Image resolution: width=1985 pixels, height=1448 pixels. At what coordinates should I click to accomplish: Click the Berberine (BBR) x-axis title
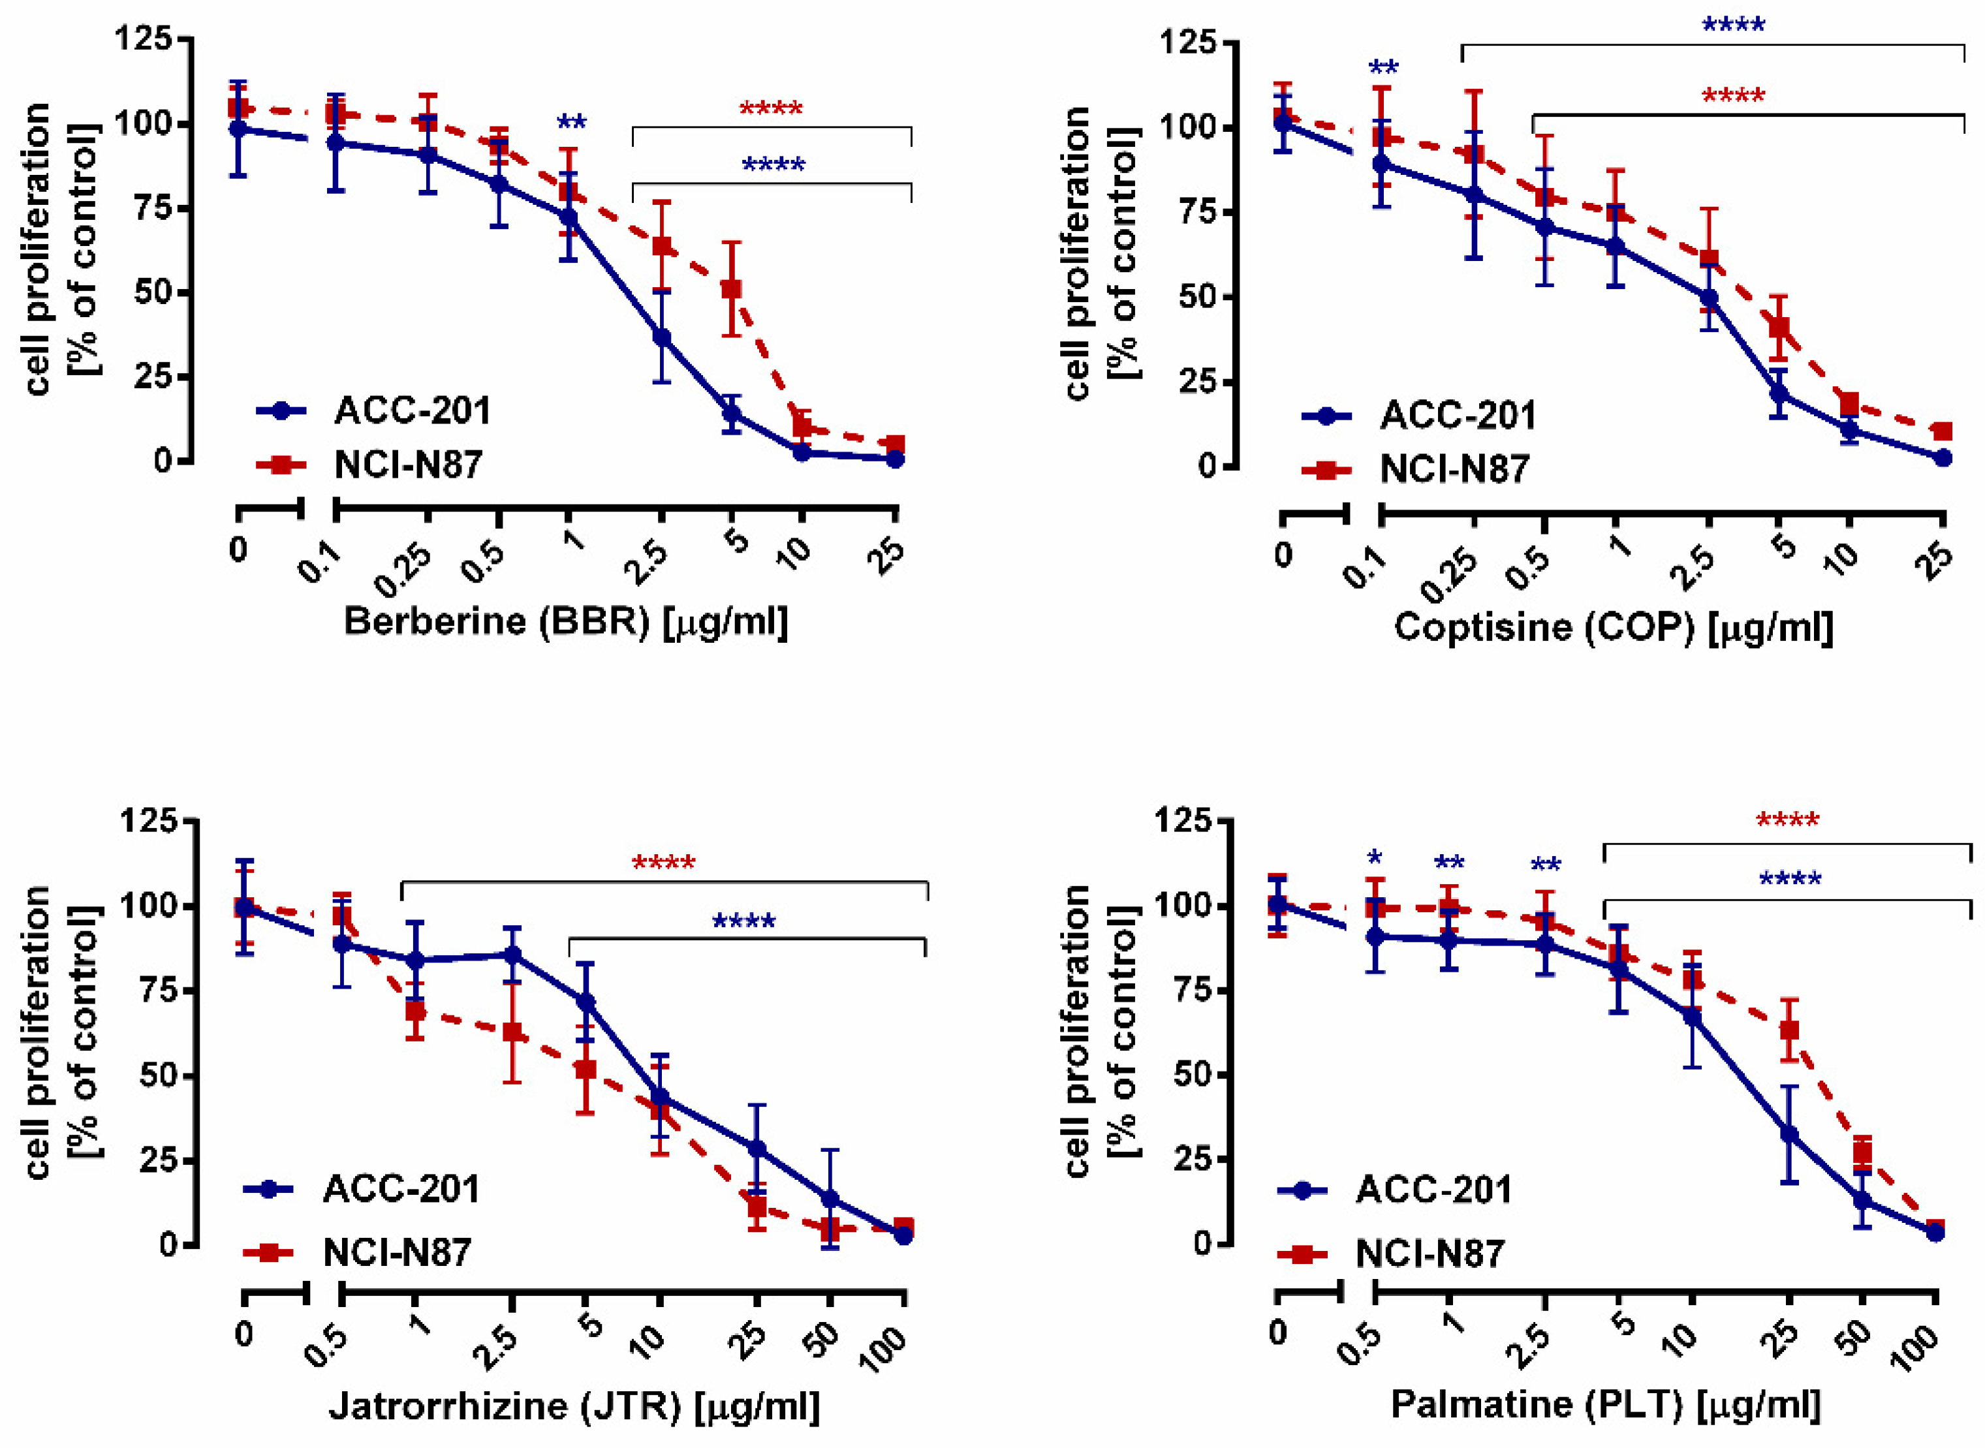tap(565, 623)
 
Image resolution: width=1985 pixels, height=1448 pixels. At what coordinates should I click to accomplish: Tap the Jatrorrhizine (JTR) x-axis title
tap(574, 1407)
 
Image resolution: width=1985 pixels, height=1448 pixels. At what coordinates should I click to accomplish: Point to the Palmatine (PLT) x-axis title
tap(1605, 1405)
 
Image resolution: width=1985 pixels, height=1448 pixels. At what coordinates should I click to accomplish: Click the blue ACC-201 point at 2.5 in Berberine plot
tap(662, 337)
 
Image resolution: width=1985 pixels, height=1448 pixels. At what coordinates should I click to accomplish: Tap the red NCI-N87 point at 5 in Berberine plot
tap(731, 289)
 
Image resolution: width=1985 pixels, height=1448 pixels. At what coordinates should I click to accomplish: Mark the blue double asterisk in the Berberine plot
tap(572, 122)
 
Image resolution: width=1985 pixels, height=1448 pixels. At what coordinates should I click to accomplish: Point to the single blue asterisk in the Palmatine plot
tap(1374, 859)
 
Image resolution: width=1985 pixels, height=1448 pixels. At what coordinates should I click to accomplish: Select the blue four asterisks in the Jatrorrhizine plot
tap(743, 922)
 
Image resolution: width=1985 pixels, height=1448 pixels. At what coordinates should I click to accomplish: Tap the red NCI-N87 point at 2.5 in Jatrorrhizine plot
tap(513, 1032)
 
